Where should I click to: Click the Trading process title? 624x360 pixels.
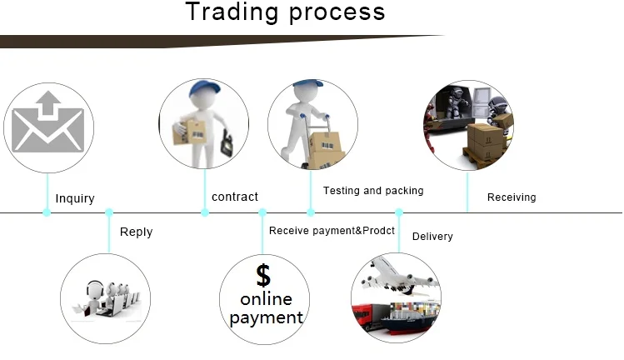[x=285, y=12]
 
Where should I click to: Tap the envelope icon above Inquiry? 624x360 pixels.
[x=47, y=127]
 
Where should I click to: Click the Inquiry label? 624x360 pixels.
[x=75, y=198]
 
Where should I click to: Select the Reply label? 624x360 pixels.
[x=136, y=232]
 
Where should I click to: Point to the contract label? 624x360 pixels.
[x=235, y=197]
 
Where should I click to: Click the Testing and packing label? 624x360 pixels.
[x=373, y=191]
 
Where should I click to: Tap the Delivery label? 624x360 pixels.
[x=432, y=237]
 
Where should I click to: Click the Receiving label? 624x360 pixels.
[x=512, y=197]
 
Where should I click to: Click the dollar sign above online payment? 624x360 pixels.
[x=263, y=274]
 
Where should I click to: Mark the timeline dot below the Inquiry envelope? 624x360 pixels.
[x=47, y=212]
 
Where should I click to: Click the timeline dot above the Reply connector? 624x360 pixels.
[x=109, y=212]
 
